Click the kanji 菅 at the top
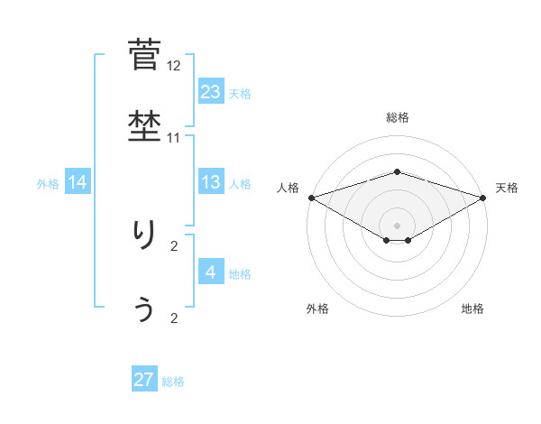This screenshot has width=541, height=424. point(144,54)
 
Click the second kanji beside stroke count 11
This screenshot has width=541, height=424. point(144,125)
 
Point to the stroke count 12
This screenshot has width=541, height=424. point(174,66)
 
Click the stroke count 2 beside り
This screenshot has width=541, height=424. point(174,245)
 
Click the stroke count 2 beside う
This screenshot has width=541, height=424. point(174,318)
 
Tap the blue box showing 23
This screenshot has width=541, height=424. point(210,91)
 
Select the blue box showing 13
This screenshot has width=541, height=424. point(210,182)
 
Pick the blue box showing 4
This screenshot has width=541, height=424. point(210,272)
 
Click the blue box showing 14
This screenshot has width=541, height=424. point(78,182)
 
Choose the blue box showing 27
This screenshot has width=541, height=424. point(144,380)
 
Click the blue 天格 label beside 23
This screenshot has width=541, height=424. point(240,93)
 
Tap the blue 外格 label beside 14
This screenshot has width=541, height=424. point(48,184)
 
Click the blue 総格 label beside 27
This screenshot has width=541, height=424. point(173,382)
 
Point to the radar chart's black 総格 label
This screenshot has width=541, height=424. point(398,117)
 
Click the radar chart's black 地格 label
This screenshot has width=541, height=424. point(472,309)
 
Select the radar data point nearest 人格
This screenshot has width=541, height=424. point(311,198)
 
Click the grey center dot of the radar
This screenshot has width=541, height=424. point(398,225)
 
